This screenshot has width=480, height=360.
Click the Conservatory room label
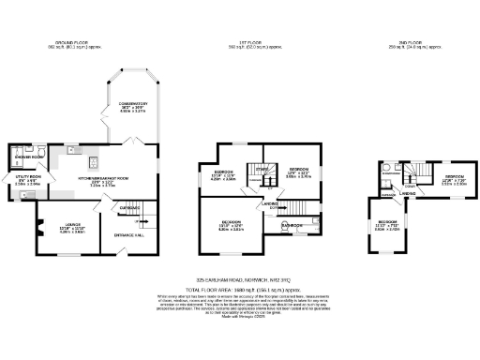[136, 107]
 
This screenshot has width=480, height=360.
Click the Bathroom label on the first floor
[293, 226]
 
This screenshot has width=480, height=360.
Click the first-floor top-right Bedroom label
[298, 172]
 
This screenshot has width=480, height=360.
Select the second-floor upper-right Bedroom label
[455, 180]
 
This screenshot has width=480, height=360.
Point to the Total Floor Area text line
[241, 288]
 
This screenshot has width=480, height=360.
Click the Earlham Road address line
[241, 278]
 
